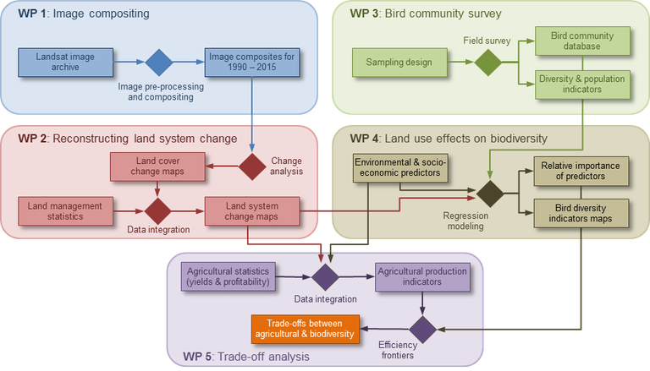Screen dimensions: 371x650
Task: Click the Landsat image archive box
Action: (65, 61)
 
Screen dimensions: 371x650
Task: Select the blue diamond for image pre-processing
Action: (158, 61)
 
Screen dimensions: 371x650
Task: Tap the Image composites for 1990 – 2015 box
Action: (250, 61)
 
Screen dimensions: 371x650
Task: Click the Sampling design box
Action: (399, 62)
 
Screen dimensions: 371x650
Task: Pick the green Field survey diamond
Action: (488, 62)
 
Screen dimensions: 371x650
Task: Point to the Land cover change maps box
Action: (157, 166)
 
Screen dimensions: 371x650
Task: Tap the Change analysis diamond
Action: (252, 166)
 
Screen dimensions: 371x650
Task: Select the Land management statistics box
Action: (65, 210)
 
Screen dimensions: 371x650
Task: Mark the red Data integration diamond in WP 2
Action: (157, 210)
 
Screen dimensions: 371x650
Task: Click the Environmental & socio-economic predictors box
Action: (399, 167)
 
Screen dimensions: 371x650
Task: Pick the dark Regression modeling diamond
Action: (489, 193)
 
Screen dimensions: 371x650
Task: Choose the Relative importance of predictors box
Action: (581, 170)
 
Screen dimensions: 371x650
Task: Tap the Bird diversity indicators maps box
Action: (581, 213)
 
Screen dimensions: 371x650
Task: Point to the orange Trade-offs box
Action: (304, 328)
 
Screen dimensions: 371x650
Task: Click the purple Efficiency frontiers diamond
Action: (422, 328)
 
